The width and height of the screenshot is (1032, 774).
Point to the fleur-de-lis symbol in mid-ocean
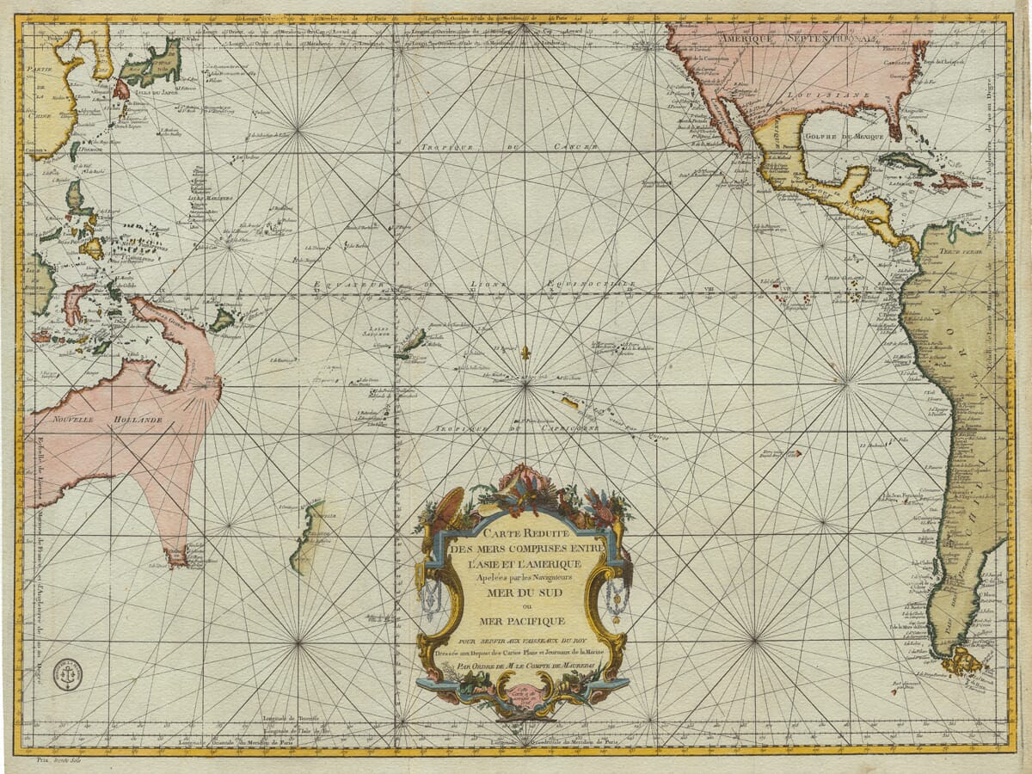525,353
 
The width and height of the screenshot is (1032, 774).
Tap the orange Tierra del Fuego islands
962,661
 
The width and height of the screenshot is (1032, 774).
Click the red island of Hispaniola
951,181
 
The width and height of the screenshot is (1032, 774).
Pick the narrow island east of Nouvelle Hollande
306,537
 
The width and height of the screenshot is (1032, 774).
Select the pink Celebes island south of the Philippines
77,302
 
